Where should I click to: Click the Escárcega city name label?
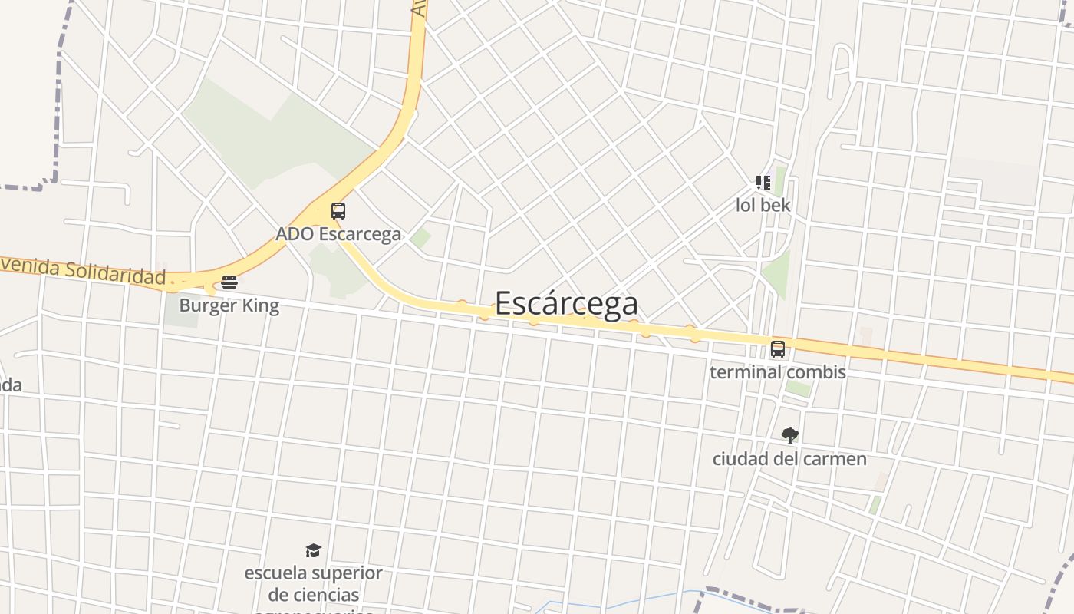coord(566,303)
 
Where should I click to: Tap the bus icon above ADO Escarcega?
coord(338,211)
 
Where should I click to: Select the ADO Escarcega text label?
coord(338,234)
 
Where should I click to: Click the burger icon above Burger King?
coord(229,282)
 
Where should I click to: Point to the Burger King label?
coord(229,306)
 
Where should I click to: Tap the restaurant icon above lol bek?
coord(763,183)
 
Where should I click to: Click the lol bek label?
coord(763,206)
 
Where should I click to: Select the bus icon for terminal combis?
coord(778,349)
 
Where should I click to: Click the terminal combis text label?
coord(778,372)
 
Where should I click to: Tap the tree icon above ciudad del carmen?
coord(789,436)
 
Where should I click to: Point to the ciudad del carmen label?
coord(789,459)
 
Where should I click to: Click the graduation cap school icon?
coord(313,550)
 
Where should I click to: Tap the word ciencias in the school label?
coord(324,595)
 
